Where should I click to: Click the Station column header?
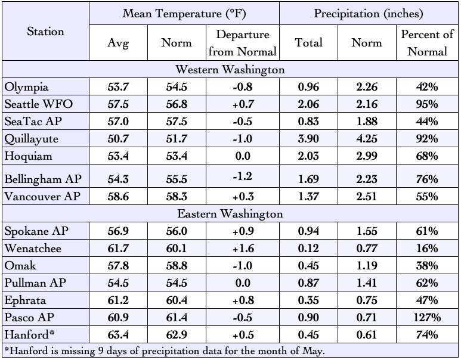point(45,32)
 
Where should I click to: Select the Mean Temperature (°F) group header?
point(184,14)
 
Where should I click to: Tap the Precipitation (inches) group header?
point(369,14)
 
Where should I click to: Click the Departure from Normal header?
point(243,43)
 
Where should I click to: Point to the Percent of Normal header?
point(427,43)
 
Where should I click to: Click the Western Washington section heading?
point(230,70)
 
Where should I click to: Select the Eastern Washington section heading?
point(230,213)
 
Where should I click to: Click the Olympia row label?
point(26,87)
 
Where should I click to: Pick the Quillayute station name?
point(31,139)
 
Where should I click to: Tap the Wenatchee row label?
point(33,249)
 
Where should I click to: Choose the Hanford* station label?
point(29,335)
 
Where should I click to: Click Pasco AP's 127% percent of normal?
point(427,318)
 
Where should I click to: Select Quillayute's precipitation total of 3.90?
point(308,139)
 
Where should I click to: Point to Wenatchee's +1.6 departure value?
point(243,249)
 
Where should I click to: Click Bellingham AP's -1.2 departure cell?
point(243,176)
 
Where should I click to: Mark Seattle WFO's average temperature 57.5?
point(118,104)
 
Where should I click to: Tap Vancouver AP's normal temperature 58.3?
point(177,196)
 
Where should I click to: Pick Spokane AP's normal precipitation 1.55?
point(367,231)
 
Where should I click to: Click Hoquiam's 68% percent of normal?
point(427,156)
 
